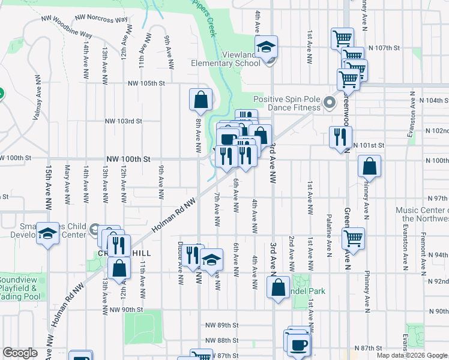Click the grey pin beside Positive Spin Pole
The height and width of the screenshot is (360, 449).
pyautogui.click(x=329, y=103)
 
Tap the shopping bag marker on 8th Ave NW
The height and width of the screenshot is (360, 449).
pyautogui.click(x=200, y=100)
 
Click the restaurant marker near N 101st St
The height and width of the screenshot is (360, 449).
pyautogui.click(x=340, y=137)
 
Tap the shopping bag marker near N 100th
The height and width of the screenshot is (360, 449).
pyautogui.click(x=369, y=167)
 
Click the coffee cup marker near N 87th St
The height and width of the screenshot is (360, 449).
pyautogui.click(x=298, y=344)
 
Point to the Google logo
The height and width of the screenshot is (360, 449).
pyautogui.click(x=20, y=353)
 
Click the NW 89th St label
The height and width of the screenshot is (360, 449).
pyautogui.click(x=219, y=325)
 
